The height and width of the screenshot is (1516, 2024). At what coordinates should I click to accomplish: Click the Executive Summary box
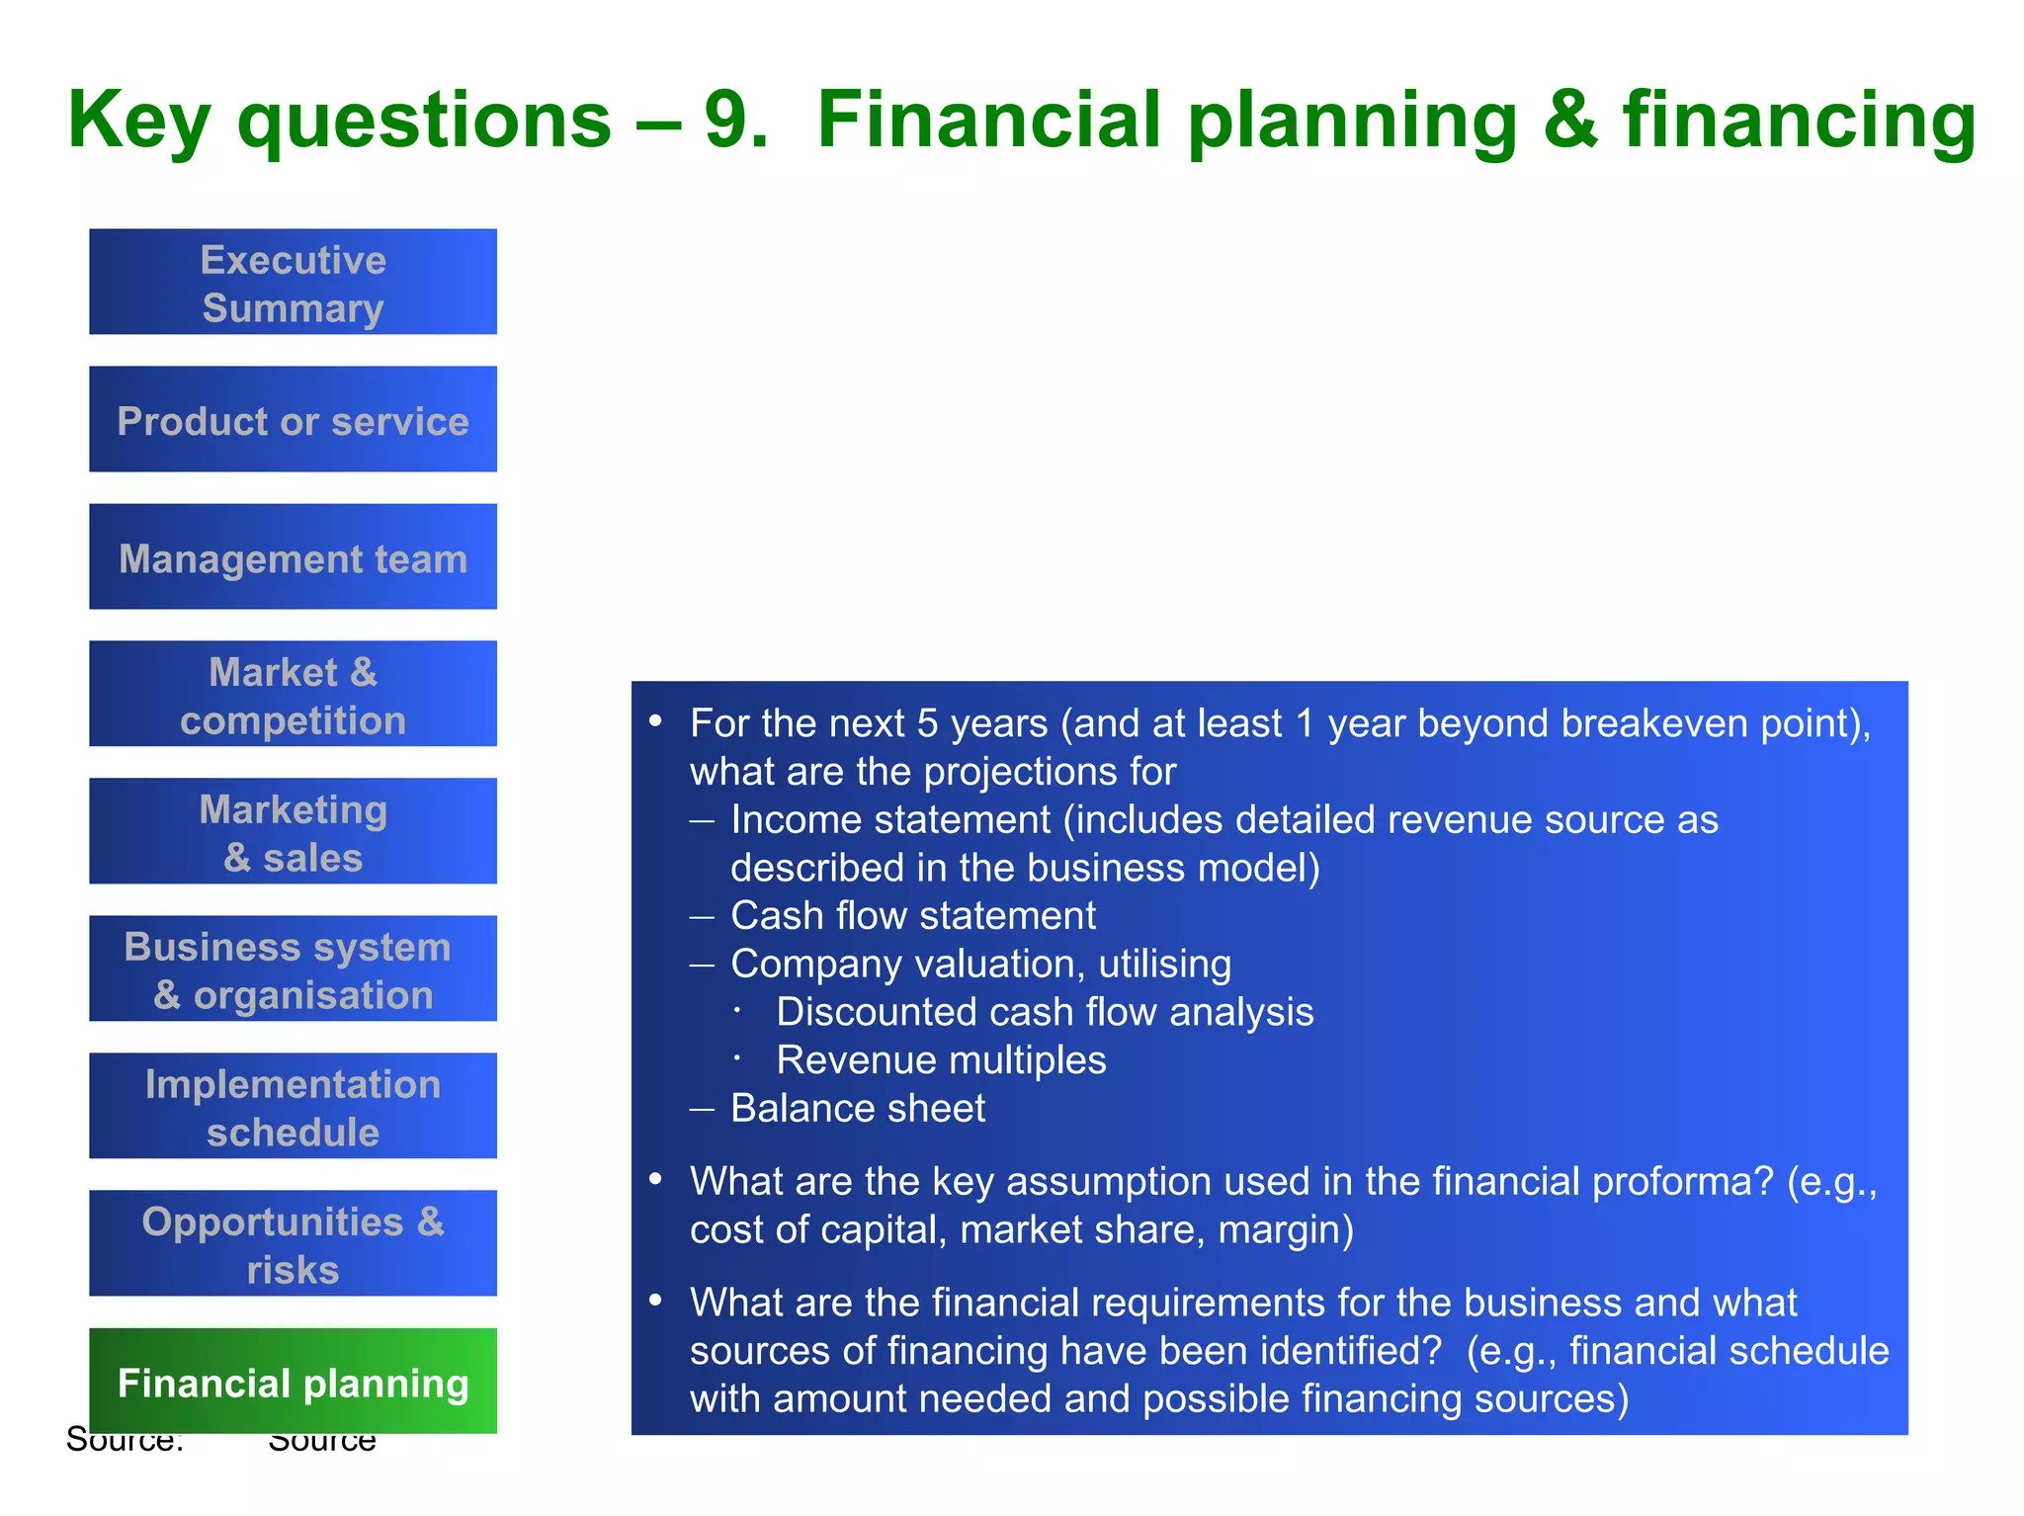coord(293,283)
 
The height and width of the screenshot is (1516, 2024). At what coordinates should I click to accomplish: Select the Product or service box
coord(293,420)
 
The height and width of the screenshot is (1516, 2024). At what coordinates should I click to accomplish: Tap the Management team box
coord(293,557)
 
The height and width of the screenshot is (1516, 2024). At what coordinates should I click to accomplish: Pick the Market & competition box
coord(293,695)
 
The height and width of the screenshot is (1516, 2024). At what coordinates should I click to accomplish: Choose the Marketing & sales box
coord(293,832)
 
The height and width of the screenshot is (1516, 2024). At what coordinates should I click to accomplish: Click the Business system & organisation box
coord(293,969)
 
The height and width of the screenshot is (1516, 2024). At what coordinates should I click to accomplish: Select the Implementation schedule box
coord(293,1107)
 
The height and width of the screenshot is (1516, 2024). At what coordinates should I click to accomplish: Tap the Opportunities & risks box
coord(293,1244)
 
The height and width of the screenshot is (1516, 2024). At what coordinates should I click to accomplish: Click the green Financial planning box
coord(293,1382)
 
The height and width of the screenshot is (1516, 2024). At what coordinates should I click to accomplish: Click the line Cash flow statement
coord(912,916)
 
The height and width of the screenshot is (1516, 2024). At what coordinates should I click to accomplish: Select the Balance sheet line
coord(857,1109)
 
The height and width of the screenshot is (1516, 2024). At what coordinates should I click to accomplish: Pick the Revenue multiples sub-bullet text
coord(941,1060)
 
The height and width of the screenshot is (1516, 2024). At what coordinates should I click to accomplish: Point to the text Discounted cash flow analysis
coord(1045,1012)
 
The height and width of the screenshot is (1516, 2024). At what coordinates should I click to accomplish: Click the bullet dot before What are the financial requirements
coord(655,1301)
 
